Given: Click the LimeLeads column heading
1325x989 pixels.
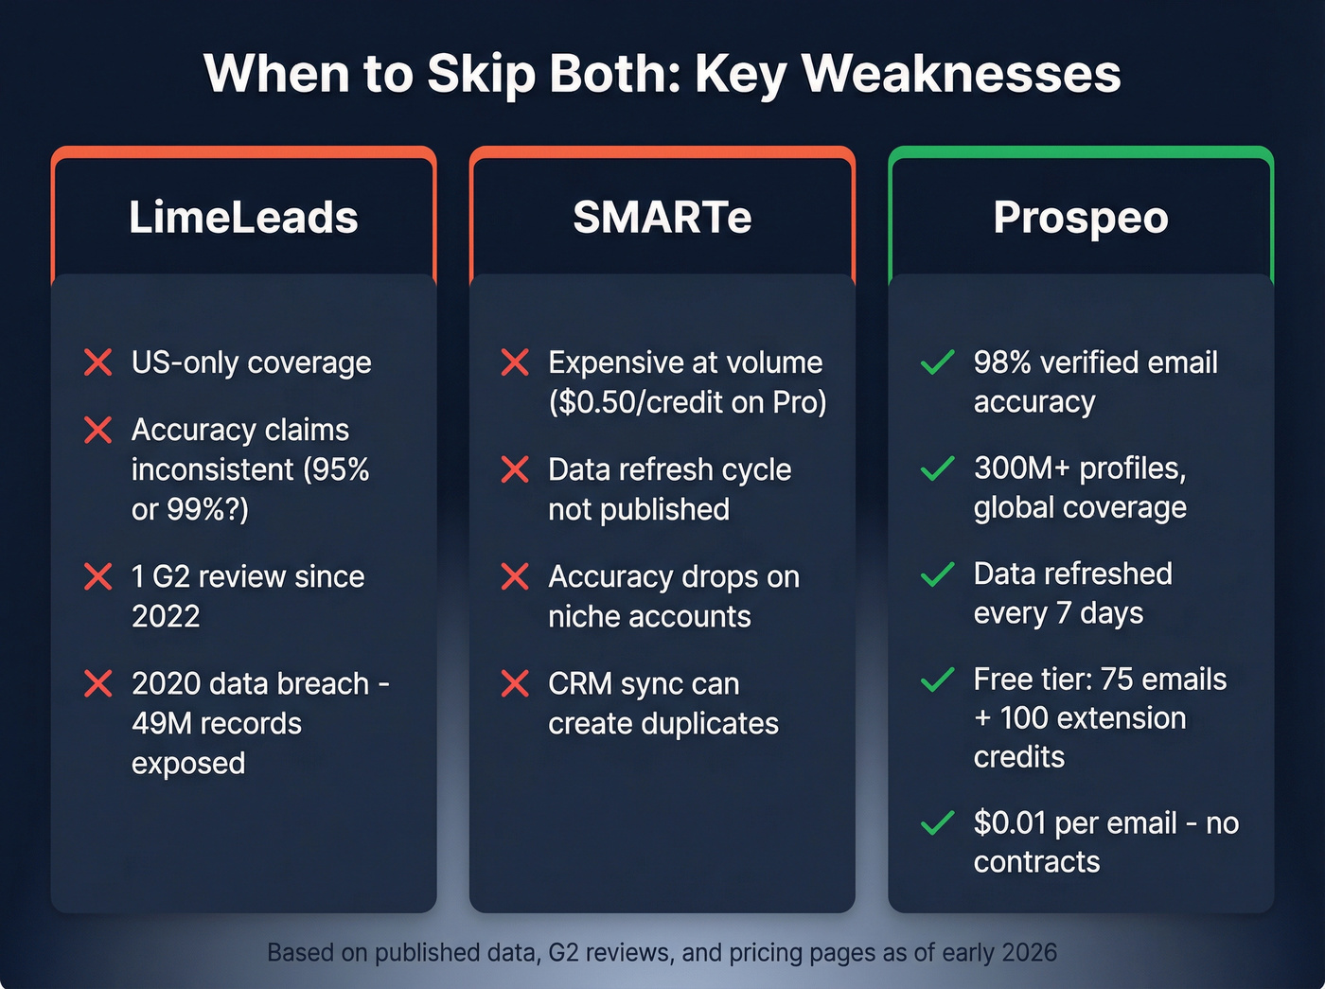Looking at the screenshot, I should pos(243,218).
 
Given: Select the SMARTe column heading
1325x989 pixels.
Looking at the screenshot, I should pos(662,218).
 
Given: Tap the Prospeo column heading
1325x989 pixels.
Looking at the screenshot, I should pos(1081,218).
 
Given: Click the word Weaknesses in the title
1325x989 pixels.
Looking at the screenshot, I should pos(961,74).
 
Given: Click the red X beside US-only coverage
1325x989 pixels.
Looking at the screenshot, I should pos(98,362).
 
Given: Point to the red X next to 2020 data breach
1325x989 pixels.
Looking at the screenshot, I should pos(98,683).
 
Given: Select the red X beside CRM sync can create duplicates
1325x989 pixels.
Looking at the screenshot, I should pos(515,683).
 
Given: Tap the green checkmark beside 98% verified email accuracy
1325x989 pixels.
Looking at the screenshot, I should pos(937,362).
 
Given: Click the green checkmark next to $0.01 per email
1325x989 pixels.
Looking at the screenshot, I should pos(937,823).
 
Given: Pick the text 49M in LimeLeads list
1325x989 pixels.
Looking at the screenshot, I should pos(167,724).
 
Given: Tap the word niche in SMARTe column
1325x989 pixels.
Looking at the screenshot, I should pos(584,617).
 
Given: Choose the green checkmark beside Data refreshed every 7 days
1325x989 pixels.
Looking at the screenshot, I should pos(937,574).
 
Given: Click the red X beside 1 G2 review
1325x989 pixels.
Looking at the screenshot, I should pos(98,576).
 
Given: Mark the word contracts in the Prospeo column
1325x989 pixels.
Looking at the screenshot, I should pos(1036,862).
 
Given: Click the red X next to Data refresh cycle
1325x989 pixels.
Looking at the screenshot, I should pos(515,469).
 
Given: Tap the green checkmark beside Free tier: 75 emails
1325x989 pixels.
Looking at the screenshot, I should pos(937,680).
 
